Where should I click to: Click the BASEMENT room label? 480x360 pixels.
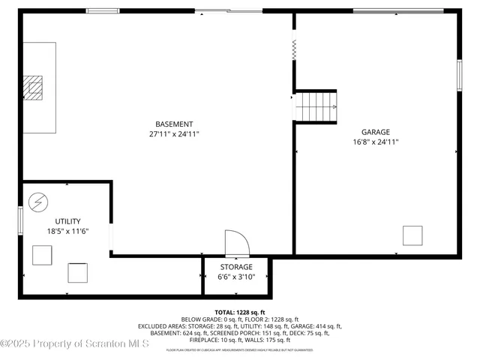click(x=174, y=124)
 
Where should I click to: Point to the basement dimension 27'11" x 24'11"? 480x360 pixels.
click(x=174, y=134)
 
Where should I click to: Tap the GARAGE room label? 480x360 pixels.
click(x=375, y=132)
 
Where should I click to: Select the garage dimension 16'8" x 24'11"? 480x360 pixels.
click(x=375, y=142)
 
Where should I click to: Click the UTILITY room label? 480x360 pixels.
click(x=67, y=221)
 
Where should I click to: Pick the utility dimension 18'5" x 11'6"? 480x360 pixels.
click(x=67, y=231)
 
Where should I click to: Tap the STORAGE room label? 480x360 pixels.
click(x=235, y=267)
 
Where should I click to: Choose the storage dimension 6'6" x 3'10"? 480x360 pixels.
click(x=235, y=277)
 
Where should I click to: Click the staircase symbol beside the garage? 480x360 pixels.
click(x=315, y=106)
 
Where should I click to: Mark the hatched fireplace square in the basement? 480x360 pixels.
click(x=33, y=88)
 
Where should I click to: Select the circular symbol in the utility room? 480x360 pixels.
click(x=37, y=202)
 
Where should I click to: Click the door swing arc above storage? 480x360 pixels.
click(x=235, y=244)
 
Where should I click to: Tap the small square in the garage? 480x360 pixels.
click(x=412, y=235)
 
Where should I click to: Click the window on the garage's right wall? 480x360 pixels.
click(x=459, y=75)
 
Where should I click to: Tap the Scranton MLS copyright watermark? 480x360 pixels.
click(x=75, y=343)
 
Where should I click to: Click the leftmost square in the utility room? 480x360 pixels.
click(x=42, y=256)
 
